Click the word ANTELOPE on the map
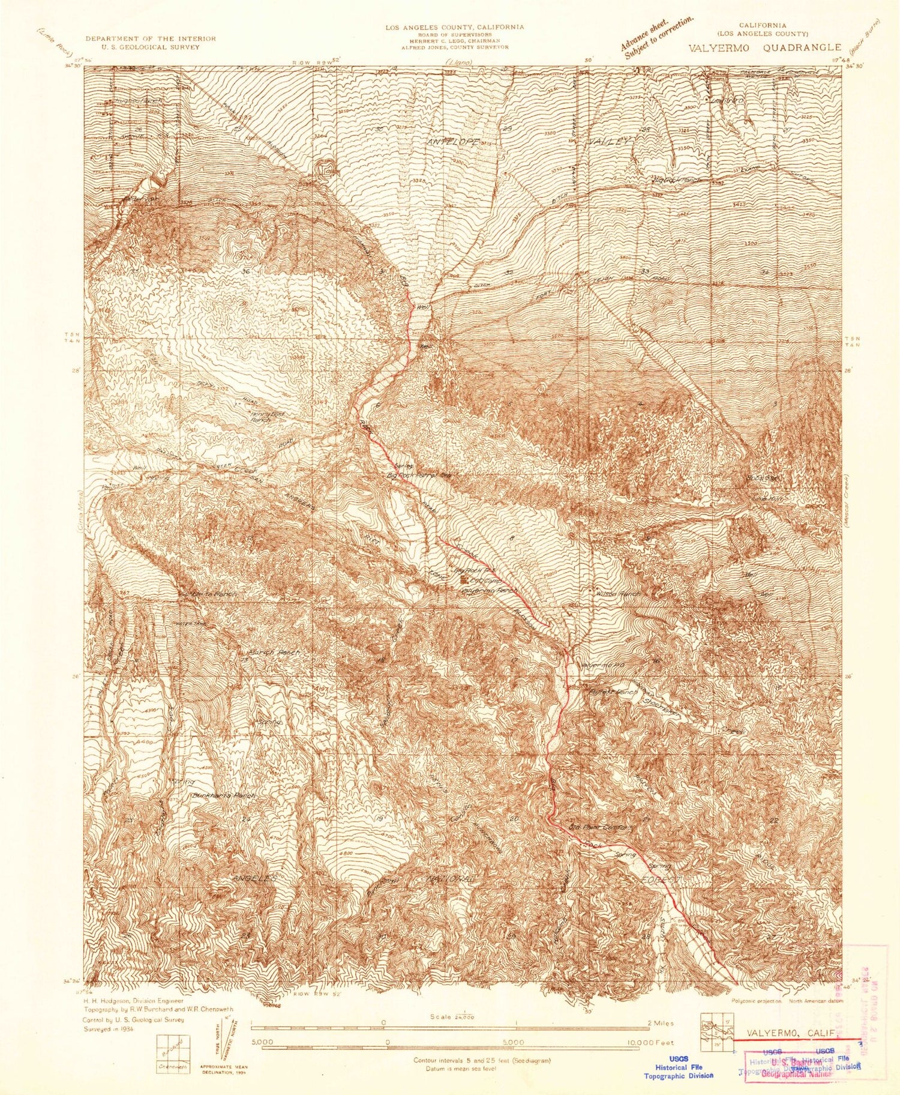454,142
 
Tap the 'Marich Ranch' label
273,652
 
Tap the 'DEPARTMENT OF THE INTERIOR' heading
150,38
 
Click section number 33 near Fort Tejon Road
645,271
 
